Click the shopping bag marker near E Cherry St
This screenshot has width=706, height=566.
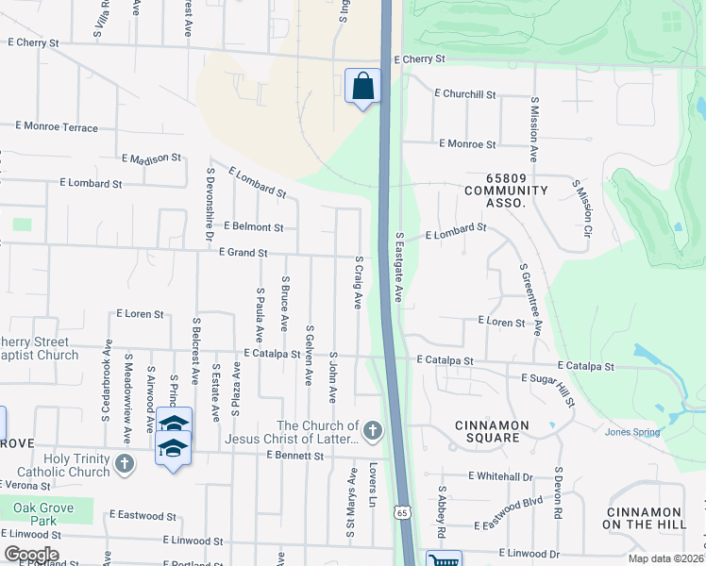(362, 87)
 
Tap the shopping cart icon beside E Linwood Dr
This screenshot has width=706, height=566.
(443, 559)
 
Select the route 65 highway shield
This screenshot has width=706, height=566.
(403, 512)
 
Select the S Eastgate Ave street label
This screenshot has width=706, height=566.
(398, 268)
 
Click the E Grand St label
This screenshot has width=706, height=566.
(244, 253)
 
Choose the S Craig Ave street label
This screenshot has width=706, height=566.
(358, 281)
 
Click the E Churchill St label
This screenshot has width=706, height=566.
(465, 94)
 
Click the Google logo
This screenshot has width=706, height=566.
(31, 555)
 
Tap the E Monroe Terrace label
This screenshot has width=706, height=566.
(58, 127)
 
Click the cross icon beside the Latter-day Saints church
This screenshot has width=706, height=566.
(373, 431)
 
